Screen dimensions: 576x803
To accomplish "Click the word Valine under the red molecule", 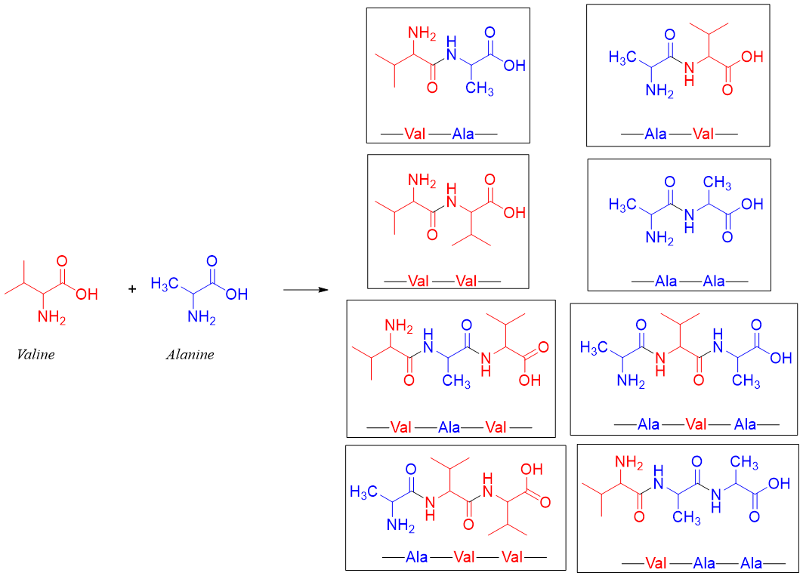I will click(x=36, y=354).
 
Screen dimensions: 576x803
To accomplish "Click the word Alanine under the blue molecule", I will click(x=190, y=354).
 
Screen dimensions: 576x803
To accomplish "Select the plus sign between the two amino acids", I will click(x=132, y=288).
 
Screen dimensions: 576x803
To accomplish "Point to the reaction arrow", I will click(x=306, y=289).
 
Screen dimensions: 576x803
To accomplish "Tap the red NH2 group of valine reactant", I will click(x=52, y=318).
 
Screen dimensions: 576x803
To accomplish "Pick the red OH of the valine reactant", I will click(x=87, y=294).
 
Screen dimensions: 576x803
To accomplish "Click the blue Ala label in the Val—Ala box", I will click(x=463, y=134).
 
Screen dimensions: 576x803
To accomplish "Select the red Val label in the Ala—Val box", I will click(x=703, y=134).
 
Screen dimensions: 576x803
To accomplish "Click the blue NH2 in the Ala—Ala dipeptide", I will click(x=659, y=238).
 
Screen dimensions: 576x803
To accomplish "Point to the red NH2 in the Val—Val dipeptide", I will click(x=422, y=180).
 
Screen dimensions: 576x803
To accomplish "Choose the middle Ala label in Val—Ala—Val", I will click(x=449, y=427).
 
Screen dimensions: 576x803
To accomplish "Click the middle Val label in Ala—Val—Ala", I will click(x=696, y=424).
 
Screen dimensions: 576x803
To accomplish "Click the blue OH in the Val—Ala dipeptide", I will click(x=514, y=66).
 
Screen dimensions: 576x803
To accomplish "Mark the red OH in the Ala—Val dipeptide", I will click(x=752, y=57).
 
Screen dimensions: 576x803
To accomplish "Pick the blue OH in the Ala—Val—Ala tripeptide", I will click(x=780, y=357).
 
